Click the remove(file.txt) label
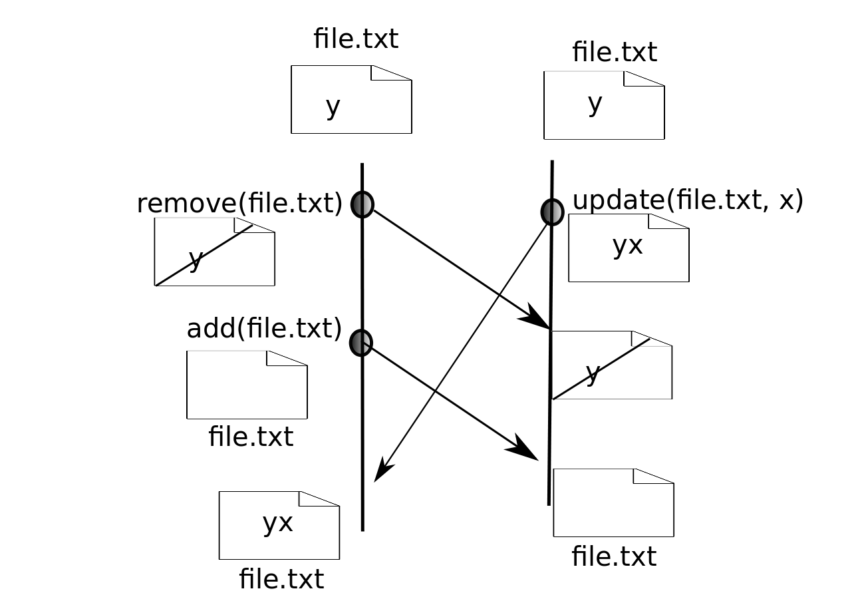(239, 204)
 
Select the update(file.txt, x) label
(688, 200)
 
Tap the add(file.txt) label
(264, 329)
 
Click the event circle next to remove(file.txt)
(362, 204)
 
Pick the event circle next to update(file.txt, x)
(552, 212)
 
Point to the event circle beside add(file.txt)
(360, 342)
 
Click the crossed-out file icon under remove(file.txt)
(214, 252)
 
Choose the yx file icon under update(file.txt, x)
(629, 248)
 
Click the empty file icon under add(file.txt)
(247, 385)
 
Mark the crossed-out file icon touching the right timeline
(612, 365)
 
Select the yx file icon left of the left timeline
(279, 525)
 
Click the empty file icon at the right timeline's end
(613, 503)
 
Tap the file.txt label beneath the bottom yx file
(281, 579)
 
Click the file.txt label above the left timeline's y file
(356, 39)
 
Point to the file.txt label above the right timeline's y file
(615, 52)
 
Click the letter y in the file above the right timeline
(595, 103)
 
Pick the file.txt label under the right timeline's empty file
(614, 556)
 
